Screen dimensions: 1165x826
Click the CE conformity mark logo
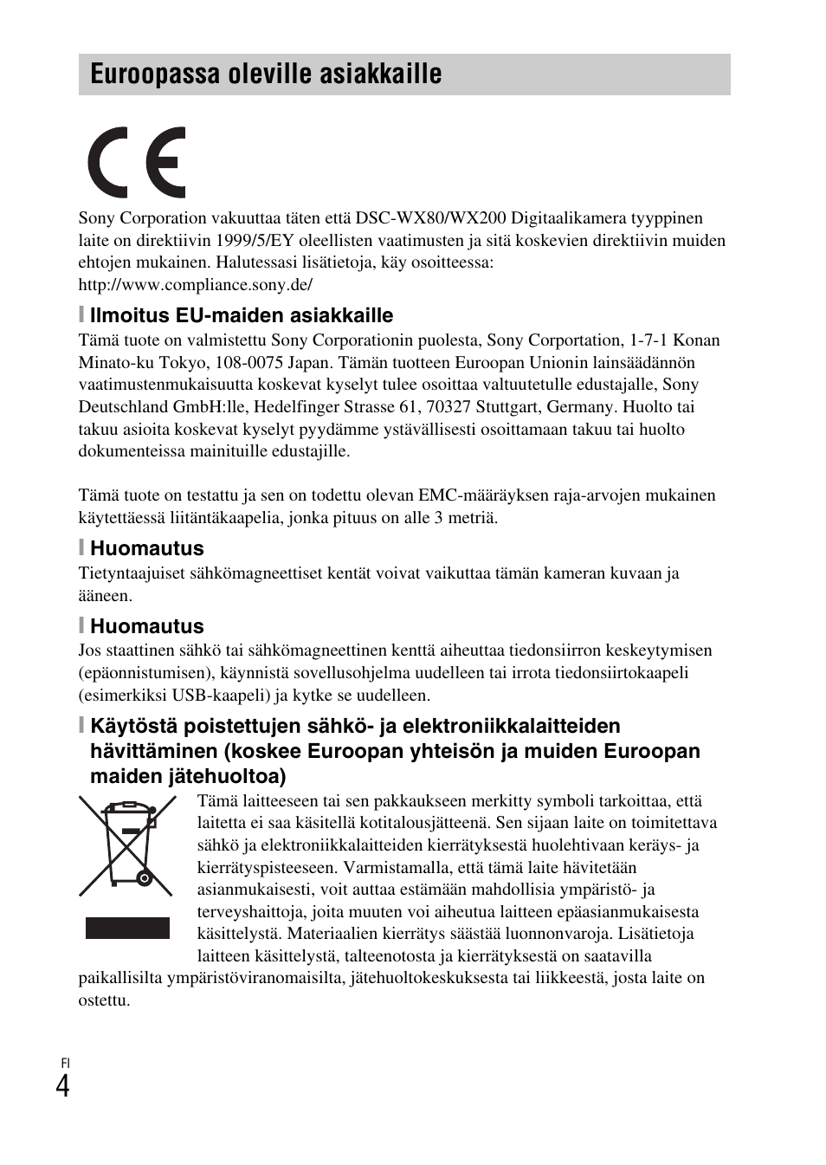coord(137,163)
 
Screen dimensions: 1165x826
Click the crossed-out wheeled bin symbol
coord(126,845)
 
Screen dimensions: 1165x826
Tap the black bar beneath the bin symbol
coord(127,928)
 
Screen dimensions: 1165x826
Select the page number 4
coord(62,1085)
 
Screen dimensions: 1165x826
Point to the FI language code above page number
coord(64,1063)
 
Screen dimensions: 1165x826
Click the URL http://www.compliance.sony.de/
coord(195,285)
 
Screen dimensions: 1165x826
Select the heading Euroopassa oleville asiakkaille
coord(266,74)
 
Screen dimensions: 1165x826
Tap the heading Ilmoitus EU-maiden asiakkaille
coord(242,315)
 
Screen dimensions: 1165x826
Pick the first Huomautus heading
coord(147,548)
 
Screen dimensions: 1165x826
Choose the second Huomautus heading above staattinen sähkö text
coord(147,626)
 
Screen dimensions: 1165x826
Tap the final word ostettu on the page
coord(104,1000)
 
